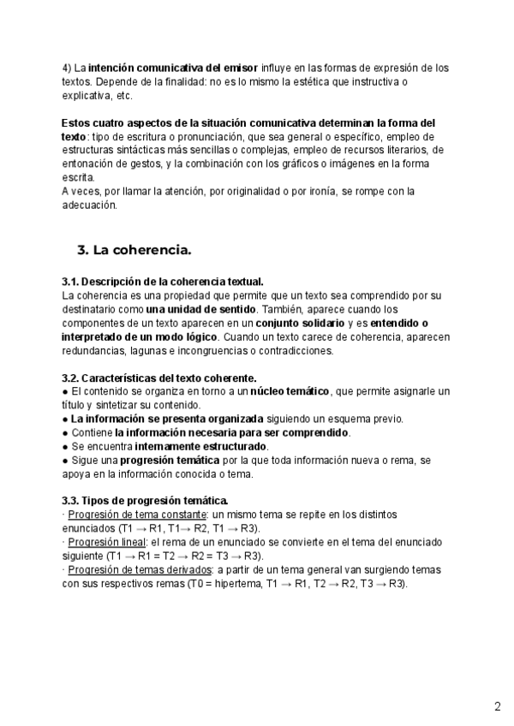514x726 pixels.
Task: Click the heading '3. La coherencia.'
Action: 134,250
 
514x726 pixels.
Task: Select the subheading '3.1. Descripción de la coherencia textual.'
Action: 163,282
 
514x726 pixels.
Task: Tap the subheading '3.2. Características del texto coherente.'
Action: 158,378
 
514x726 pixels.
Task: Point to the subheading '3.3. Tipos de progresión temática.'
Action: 145,501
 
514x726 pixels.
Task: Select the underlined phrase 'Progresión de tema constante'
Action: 138,515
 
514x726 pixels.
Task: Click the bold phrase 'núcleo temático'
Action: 290,391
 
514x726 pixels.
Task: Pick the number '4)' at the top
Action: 67,68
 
